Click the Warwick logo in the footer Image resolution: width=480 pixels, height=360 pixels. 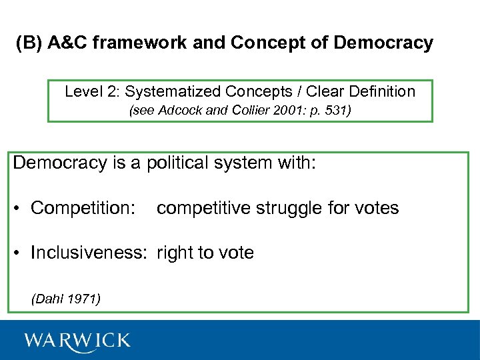[x=77, y=341]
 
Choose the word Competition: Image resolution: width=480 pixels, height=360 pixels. [x=83, y=209]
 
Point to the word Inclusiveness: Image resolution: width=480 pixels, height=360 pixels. [x=91, y=253]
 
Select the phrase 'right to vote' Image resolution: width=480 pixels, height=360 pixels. [x=205, y=253]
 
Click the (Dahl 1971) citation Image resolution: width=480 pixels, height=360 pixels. [x=66, y=299]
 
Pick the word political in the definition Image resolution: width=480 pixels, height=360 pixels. [x=175, y=163]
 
